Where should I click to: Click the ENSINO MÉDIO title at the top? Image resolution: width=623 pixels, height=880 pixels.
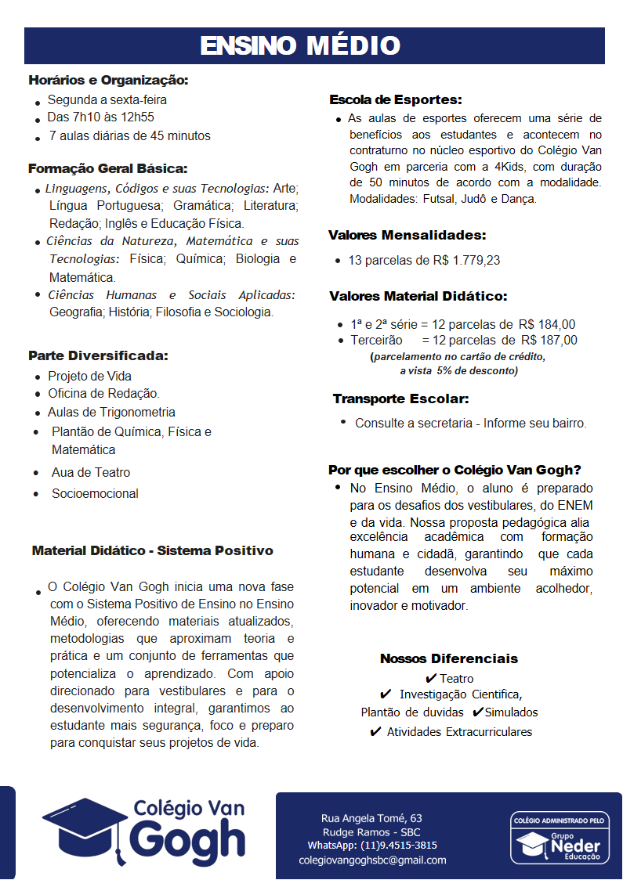coord(300,45)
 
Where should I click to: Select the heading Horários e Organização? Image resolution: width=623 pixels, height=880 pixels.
coord(108,80)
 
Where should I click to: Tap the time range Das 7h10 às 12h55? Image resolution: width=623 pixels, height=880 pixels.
coord(100,117)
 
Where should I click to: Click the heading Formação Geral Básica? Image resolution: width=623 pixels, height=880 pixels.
coord(107,168)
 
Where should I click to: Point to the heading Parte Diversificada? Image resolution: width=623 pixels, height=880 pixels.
coord(98,355)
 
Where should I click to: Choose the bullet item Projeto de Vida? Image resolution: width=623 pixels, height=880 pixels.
coord(89,376)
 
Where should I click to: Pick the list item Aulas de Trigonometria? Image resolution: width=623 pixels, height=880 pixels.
coord(111,412)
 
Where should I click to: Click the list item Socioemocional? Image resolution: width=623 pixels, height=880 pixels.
coord(95,493)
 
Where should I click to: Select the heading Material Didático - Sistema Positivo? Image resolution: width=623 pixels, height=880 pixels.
coord(152,550)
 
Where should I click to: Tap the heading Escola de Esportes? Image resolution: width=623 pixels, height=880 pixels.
coord(395,100)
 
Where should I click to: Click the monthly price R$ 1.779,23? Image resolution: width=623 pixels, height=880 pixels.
coord(462,260)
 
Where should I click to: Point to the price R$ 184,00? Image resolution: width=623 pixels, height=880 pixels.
coord(547,324)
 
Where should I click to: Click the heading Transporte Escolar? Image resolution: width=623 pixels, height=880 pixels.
coord(400,399)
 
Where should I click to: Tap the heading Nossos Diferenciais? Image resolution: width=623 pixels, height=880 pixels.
coord(449,658)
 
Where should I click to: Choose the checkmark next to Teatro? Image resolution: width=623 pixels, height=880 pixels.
coord(431,678)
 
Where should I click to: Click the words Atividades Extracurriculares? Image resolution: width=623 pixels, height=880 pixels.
coord(459,732)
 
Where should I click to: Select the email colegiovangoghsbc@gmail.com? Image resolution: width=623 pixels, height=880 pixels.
coord(373,860)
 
